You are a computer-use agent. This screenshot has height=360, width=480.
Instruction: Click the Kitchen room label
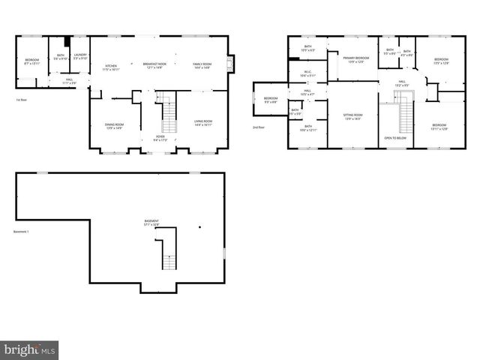tap(111, 66)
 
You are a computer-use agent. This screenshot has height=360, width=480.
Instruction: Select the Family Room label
tap(202, 66)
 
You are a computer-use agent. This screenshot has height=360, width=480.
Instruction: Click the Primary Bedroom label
tap(356, 59)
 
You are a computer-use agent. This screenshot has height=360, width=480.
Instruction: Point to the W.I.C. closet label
tap(306, 74)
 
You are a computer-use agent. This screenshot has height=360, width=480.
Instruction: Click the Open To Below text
tap(395, 138)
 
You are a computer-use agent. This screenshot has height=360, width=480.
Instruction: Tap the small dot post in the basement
tap(199, 226)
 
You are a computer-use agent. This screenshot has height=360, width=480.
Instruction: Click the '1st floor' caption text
tap(22, 100)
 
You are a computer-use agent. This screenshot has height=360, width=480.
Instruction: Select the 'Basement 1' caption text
tap(21, 232)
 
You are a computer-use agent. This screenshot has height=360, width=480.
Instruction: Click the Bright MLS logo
tap(29, 349)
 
